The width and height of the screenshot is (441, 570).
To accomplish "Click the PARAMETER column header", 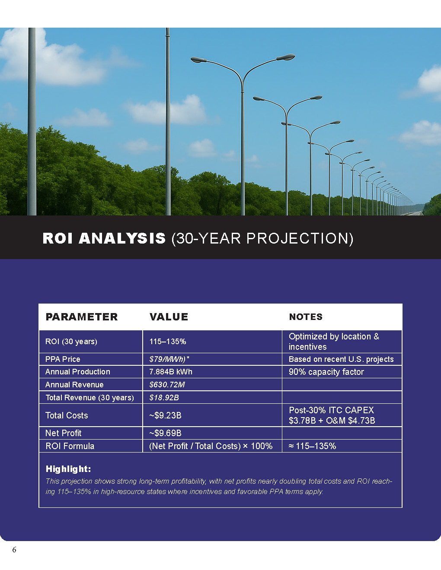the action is click(81, 317).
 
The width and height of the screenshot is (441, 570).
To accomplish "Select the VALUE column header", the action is click(169, 317).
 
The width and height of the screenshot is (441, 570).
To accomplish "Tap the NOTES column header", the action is click(306, 317).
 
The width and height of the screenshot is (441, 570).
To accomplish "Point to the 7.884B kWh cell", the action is click(171, 372).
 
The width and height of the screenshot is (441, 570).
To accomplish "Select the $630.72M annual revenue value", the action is click(167, 385).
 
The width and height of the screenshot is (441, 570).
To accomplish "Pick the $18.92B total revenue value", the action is click(164, 398).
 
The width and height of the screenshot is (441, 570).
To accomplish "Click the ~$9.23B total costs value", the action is click(165, 415).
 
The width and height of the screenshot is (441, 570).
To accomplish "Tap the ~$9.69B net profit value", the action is click(165, 433).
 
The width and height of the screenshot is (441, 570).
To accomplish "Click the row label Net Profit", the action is click(63, 433).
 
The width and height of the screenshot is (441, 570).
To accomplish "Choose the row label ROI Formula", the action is click(70, 446).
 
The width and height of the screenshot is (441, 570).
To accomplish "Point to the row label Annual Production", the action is click(78, 372).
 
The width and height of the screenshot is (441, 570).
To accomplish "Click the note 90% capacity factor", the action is click(326, 372).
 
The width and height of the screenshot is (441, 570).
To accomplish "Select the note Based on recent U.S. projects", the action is click(341, 359).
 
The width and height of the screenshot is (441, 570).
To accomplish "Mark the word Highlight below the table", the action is click(68, 469).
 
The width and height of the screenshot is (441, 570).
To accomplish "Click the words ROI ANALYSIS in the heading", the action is click(104, 238).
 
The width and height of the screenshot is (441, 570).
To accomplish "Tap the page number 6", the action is click(14, 550).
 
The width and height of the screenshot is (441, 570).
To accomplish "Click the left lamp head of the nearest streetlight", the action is click(198, 60).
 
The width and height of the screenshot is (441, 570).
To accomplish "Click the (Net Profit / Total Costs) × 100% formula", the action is click(211, 446).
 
